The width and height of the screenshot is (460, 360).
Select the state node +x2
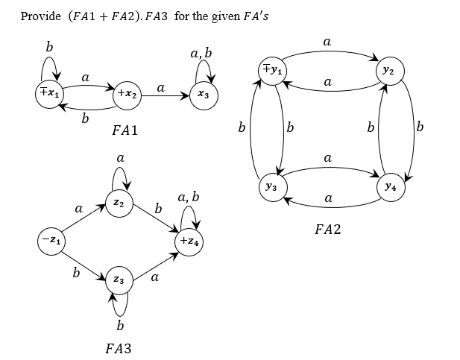click(x=125, y=95)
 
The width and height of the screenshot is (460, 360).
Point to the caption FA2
click(x=327, y=230)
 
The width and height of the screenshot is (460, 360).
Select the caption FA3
click(x=119, y=347)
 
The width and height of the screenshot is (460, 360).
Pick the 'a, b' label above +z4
click(x=189, y=198)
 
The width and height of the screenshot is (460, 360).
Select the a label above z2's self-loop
click(x=119, y=158)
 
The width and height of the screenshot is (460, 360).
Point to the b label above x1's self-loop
click(x=49, y=47)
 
